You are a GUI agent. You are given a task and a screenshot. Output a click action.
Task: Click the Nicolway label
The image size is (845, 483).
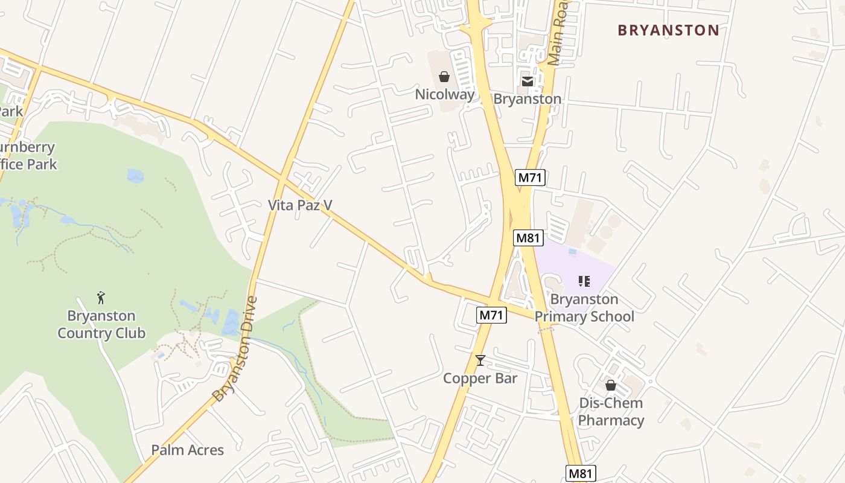coord(444,94)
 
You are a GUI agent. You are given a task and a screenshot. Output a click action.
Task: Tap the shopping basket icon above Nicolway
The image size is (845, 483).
coord(444,77)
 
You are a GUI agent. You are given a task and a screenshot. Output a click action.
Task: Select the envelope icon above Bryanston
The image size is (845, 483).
coord(528,82)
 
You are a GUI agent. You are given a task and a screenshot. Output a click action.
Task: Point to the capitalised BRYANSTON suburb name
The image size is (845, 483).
coord(668,30)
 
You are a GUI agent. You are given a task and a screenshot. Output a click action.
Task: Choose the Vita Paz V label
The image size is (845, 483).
coord(300,205)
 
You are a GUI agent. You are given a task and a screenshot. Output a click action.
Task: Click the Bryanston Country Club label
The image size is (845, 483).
coord(101,324)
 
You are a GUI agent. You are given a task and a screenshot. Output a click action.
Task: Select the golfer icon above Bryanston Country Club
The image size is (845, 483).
coord(101,298)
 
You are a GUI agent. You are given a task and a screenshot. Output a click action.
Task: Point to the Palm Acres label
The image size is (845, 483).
coord(187,450)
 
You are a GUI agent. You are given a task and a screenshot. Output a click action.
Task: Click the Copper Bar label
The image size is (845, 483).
coord(480,379)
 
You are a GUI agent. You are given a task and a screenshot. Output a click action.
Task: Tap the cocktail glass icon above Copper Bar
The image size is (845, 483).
coord(480,360)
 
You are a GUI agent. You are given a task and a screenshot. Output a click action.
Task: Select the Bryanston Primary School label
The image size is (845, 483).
coord(584,308)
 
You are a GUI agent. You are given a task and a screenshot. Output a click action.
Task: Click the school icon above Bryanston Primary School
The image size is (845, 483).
coord(584,281)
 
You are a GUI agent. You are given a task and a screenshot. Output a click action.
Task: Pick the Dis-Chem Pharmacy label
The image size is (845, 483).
coord(611,412)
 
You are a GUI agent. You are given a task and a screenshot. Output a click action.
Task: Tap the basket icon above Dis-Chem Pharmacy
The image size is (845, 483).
coord(611,385)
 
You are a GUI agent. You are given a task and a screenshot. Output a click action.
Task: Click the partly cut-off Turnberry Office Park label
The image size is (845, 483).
coord(27,155)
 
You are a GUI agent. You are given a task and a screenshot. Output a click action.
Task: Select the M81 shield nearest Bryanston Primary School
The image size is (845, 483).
coord(528,238)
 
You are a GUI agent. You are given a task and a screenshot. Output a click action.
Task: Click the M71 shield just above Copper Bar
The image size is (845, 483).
coord(491,315)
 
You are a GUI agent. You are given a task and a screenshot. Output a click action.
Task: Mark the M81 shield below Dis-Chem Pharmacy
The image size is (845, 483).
coord(581,473)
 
